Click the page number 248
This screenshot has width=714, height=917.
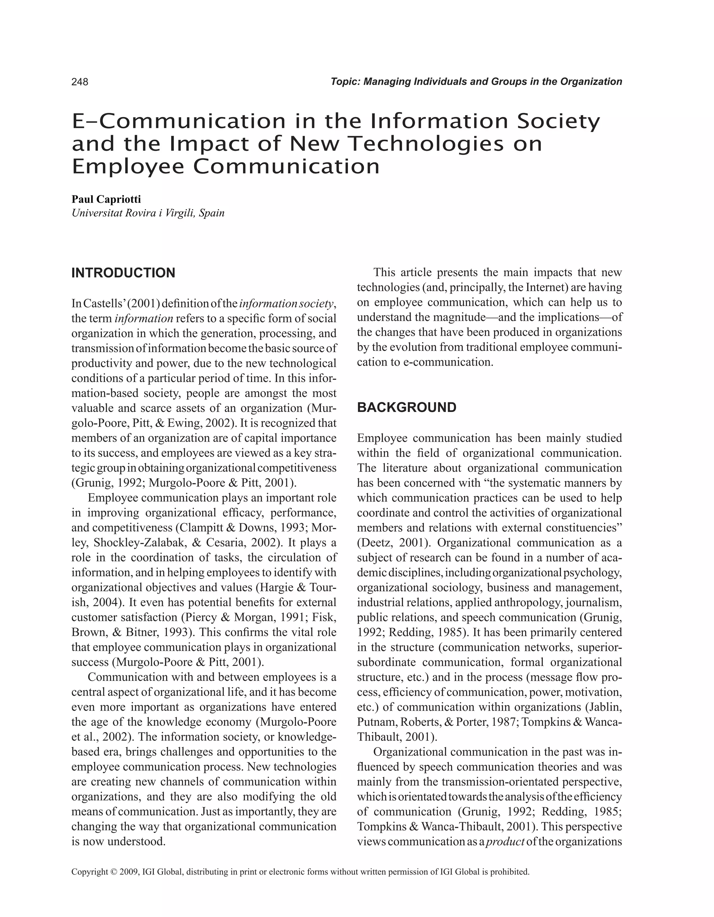coord(80,82)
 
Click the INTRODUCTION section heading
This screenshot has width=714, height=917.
coord(123,273)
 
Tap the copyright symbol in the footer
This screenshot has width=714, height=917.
coord(113,872)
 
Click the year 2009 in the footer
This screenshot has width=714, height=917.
coord(129,872)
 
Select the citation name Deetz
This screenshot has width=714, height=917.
coord(375,543)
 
